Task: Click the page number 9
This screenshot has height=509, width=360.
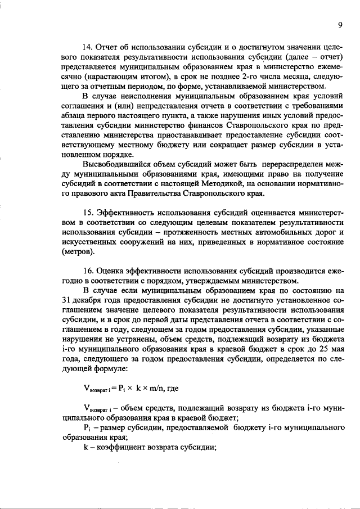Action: click(x=340, y=25)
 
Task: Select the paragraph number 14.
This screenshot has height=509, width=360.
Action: click(x=88, y=46)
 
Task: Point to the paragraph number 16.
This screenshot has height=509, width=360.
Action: click(x=88, y=271)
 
